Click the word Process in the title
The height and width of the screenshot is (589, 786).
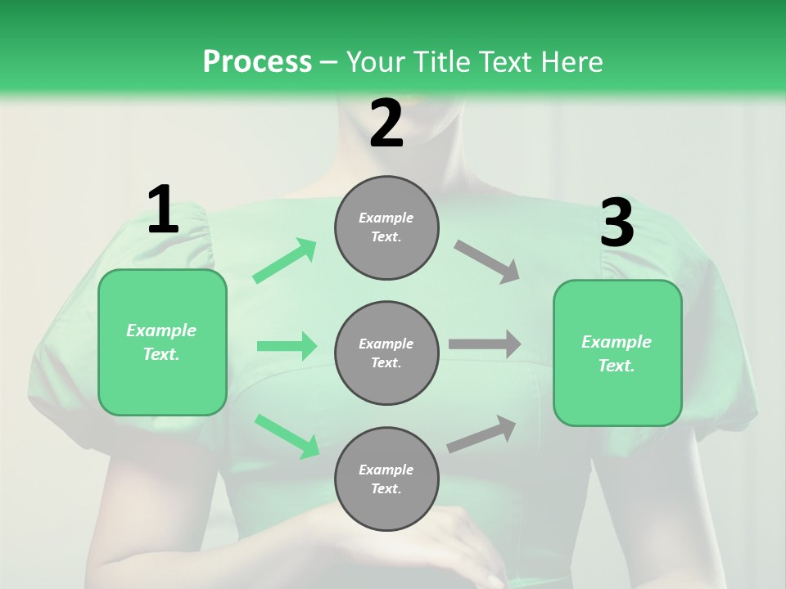[257, 62]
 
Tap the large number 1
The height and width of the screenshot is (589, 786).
[163, 210]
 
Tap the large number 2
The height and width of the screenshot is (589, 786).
[386, 124]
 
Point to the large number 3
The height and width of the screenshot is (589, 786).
[617, 223]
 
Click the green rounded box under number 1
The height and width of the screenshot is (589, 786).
[162, 342]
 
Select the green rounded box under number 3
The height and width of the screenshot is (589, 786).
[617, 353]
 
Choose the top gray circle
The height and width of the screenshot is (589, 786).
[386, 227]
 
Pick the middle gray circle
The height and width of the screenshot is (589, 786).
[386, 353]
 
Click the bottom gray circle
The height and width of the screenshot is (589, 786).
[386, 479]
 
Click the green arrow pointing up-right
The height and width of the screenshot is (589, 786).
[285, 260]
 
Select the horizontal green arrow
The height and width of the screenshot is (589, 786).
[287, 346]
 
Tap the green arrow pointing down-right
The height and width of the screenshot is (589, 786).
[287, 436]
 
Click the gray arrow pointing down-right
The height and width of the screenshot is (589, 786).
[488, 261]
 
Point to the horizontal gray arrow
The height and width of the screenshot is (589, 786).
[485, 344]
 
